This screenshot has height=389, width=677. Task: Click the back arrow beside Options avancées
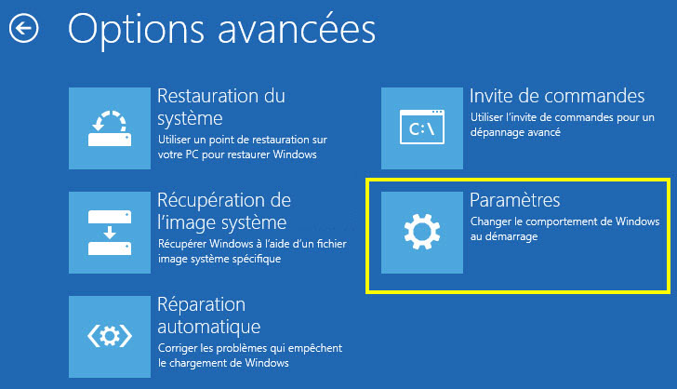point(24,29)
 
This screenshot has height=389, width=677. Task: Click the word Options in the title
point(136,31)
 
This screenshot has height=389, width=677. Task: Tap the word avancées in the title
point(297,30)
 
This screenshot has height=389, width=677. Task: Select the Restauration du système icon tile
point(110,128)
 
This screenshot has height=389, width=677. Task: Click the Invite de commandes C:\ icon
point(422,128)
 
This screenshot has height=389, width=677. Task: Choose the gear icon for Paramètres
point(422,233)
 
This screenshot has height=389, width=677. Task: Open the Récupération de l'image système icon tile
point(110,233)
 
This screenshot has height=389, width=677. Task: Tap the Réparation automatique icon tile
point(110,337)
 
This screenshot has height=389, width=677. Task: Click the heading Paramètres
point(514,200)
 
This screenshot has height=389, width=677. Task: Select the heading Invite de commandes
point(557,96)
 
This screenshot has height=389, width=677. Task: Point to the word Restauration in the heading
point(208,96)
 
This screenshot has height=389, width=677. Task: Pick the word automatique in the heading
point(209,327)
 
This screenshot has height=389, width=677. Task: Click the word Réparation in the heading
point(201,305)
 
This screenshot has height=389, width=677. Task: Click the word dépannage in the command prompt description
point(495,132)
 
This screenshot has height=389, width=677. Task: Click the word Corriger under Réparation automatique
point(175,348)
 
